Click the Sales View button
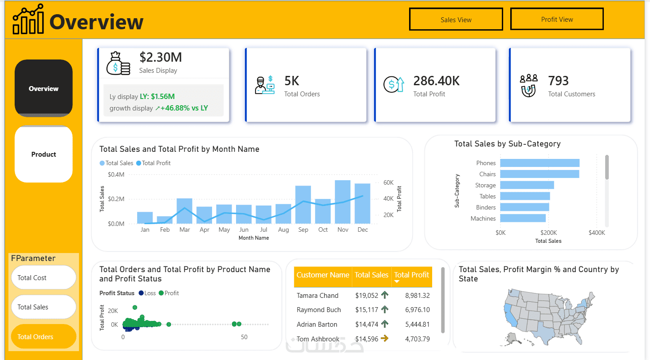point(456,19)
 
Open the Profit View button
point(557,19)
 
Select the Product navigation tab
point(43,154)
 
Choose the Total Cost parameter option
point(43,277)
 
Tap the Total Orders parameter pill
point(43,336)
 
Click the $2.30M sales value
point(161,57)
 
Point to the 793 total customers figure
point(558,81)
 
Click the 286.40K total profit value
point(437,81)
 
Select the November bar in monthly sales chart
point(343,202)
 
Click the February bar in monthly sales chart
point(165,220)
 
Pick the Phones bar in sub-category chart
point(540,163)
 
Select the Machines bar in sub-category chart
point(523,218)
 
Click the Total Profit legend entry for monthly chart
point(154,163)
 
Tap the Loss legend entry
point(147,293)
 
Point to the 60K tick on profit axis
point(388,182)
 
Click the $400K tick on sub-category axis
point(597,233)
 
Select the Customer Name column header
point(323,275)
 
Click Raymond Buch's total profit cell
point(417,310)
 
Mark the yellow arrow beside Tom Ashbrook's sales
point(385,338)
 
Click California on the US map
point(510,315)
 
